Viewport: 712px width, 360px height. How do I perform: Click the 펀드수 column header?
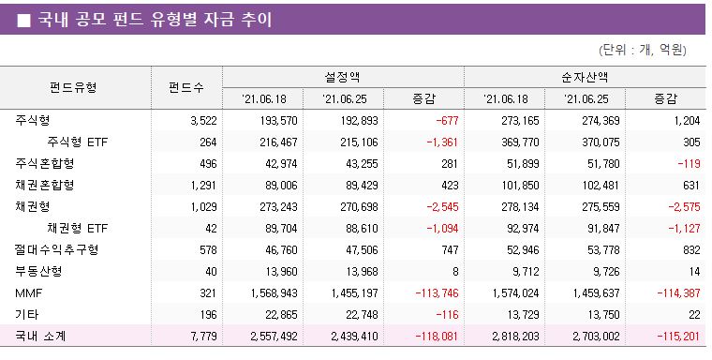click(186, 87)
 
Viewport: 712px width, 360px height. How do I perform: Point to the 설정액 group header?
click(342, 77)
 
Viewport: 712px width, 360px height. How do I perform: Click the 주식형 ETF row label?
click(77, 142)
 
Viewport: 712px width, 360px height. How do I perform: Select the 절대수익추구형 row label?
click(56, 249)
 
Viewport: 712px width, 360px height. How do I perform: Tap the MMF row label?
click(28, 292)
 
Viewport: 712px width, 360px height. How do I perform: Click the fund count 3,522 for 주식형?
click(202, 121)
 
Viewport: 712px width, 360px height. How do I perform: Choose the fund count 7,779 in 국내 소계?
click(202, 336)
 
